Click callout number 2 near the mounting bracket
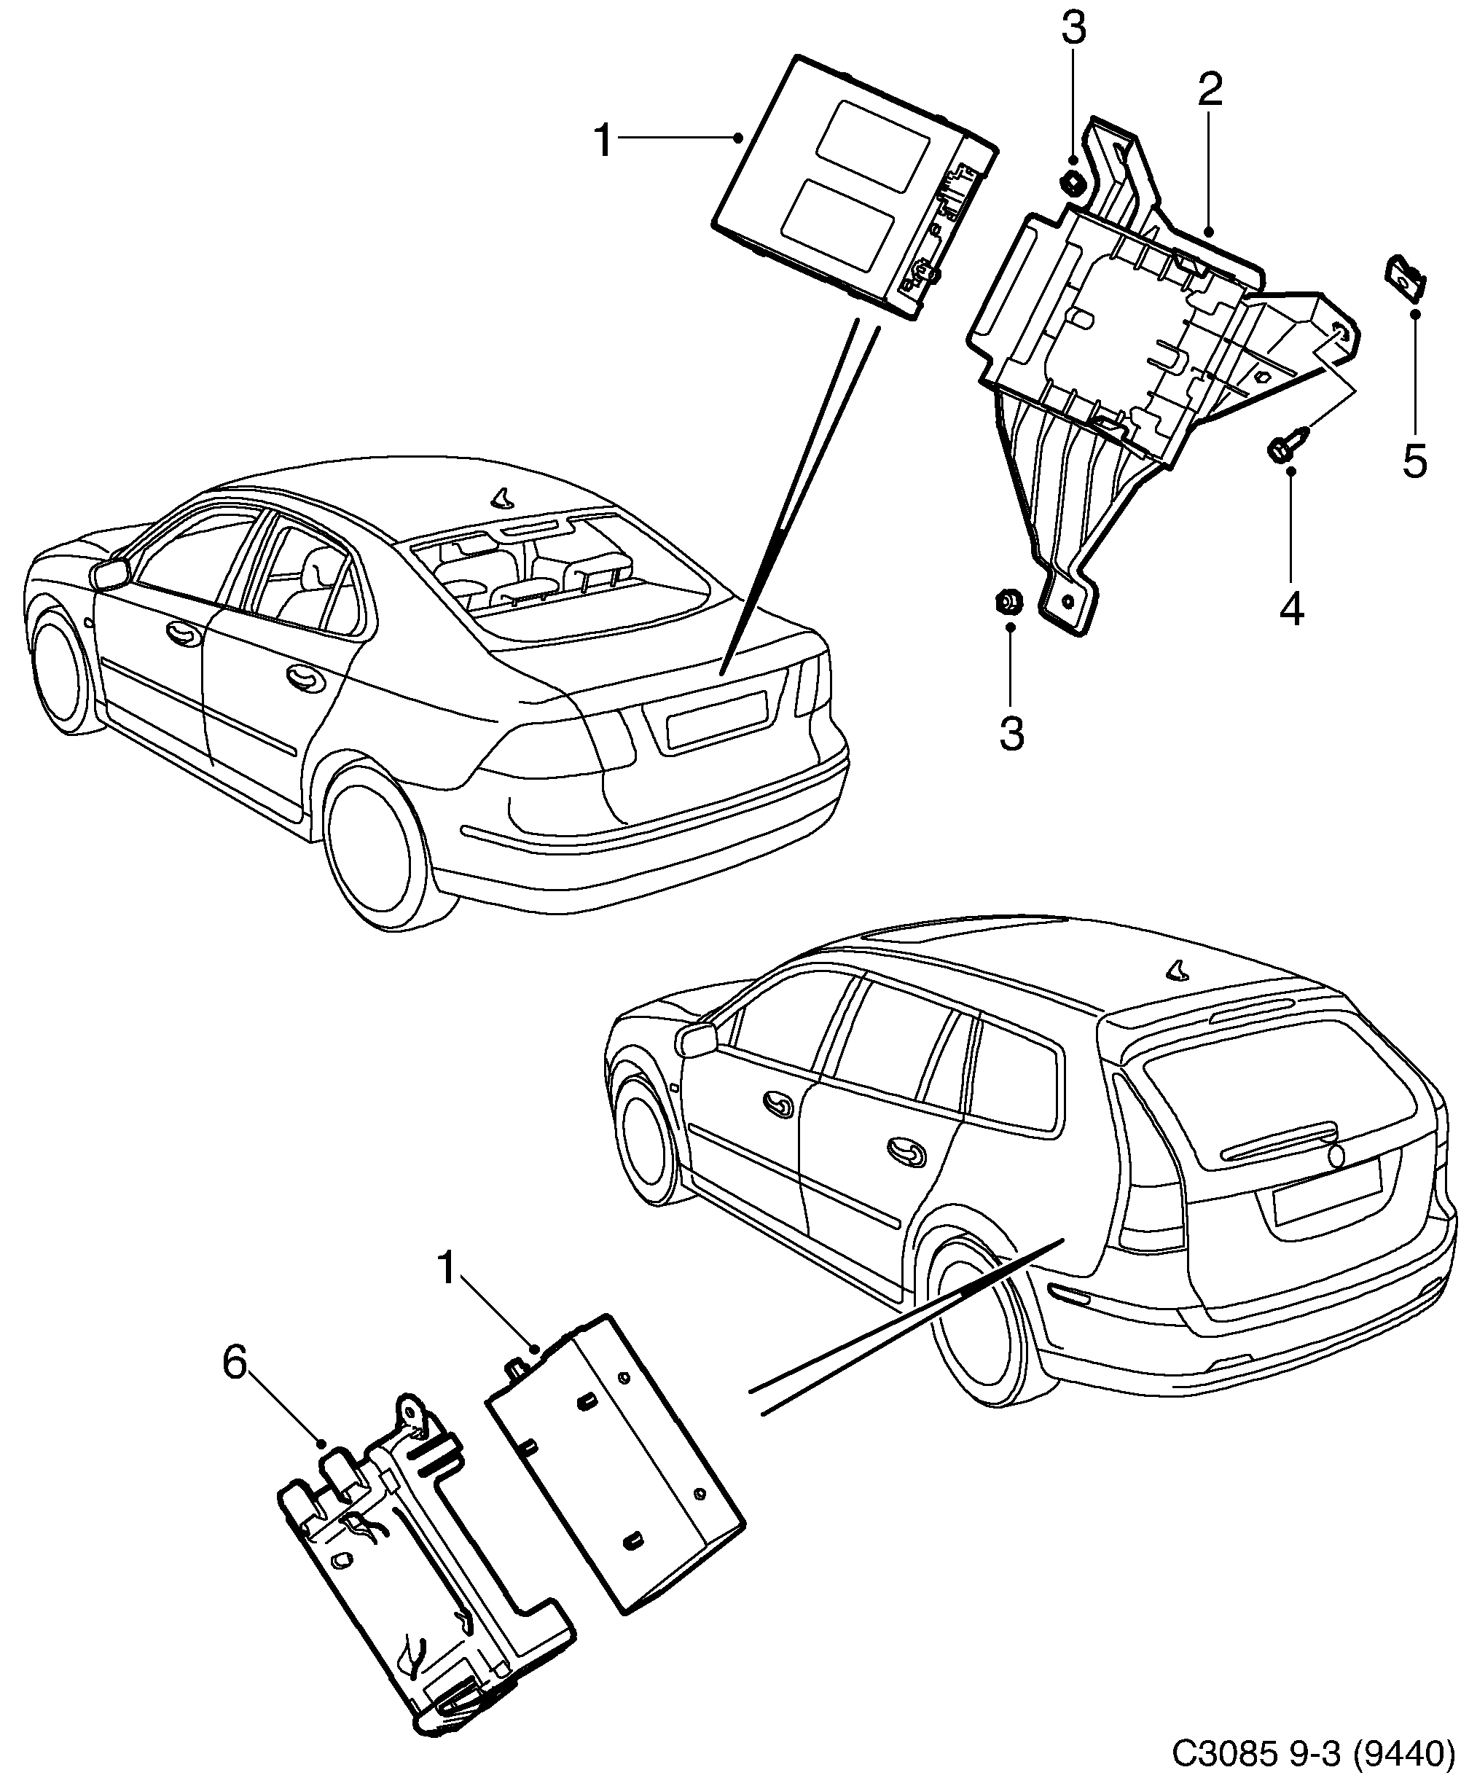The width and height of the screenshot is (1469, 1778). [1210, 90]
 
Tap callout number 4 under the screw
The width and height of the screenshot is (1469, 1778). [1291, 608]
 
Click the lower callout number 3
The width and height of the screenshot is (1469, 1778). [1011, 733]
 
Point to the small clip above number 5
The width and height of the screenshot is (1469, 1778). [1406, 279]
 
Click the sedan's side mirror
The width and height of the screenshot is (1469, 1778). [109, 573]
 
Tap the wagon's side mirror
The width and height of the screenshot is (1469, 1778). [696, 1040]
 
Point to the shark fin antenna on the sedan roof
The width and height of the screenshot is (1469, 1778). [504, 498]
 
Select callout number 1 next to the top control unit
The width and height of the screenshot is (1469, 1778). [603, 141]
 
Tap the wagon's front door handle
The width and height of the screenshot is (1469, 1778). [777, 1101]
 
